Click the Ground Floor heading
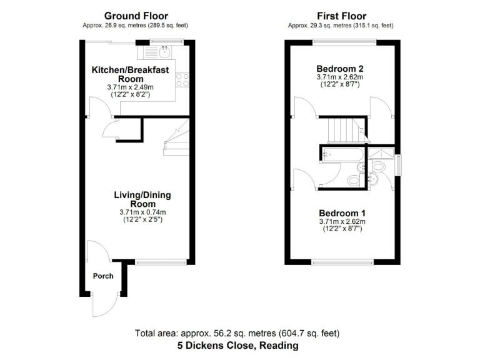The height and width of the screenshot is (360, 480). click(x=136, y=16)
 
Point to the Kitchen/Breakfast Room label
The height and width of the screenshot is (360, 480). click(x=130, y=74)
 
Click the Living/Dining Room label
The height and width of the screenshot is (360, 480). click(x=142, y=199)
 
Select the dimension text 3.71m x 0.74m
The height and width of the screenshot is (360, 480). click(x=142, y=212)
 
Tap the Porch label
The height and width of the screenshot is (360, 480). click(x=103, y=276)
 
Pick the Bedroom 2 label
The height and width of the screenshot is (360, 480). click(x=340, y=69)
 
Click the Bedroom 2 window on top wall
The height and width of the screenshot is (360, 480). click(x=344, y=42)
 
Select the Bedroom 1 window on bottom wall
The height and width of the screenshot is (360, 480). click(x=343, y=262)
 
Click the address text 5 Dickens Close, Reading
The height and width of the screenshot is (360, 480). click(x=237, y=345)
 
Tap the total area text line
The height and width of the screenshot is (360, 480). click(x=237, y=333)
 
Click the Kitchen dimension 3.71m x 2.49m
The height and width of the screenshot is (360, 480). click(x=130, y=87)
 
